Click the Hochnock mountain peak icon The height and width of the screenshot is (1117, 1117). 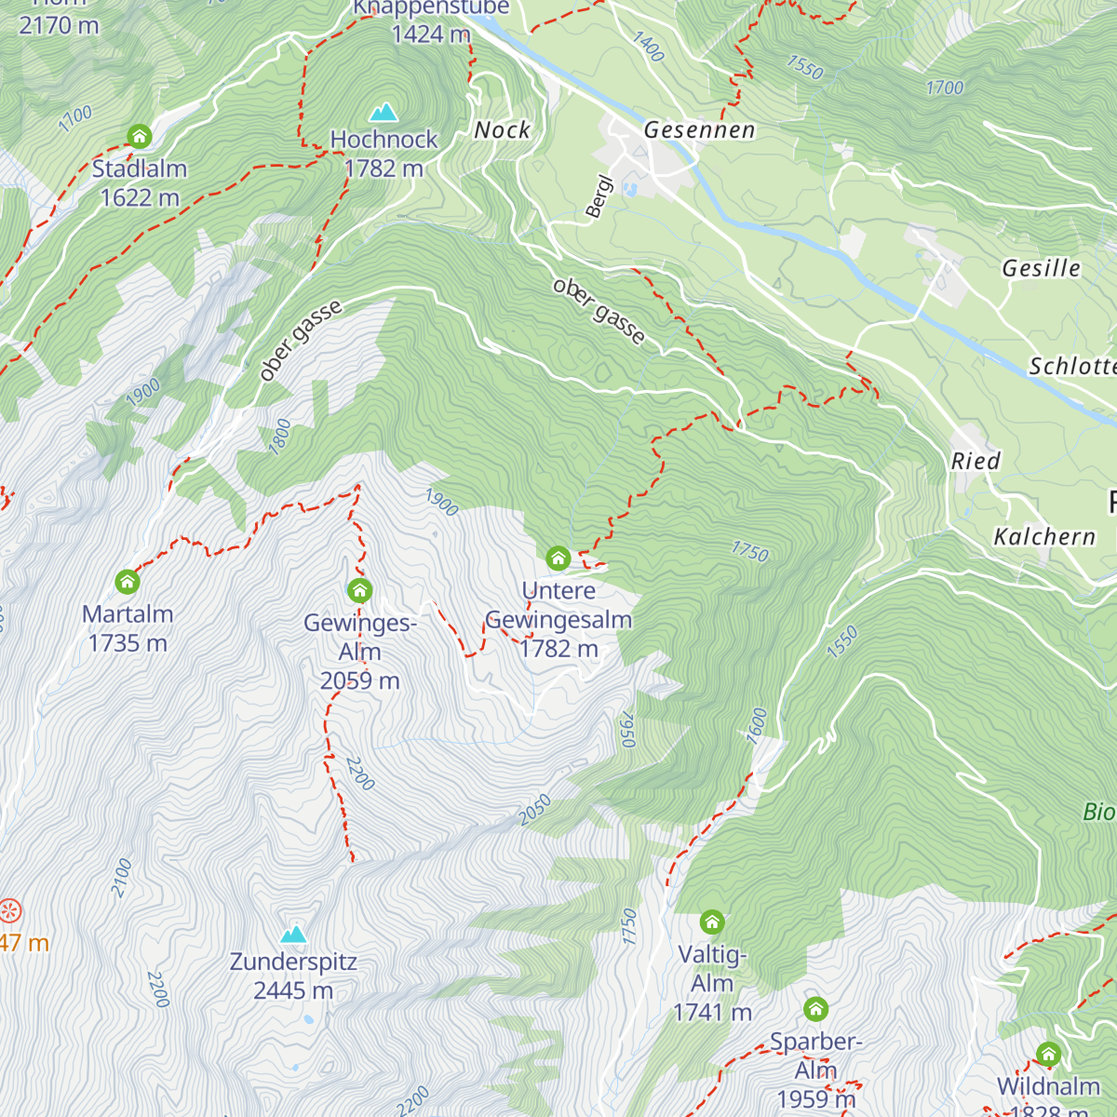(x=384, y=113)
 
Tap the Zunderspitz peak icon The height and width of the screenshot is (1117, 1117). (x=294, y=934)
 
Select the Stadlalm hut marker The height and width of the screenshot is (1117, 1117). (x=140, y=137)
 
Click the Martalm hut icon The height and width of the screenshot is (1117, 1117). (x=128, y=582)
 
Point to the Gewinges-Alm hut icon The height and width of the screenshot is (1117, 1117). (x=360, y=590)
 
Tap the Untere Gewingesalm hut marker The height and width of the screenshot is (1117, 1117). (x=558, y=558)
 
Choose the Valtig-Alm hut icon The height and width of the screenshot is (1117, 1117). (x=712, y=922)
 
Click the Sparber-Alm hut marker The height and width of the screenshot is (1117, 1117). (x=815, y=1009)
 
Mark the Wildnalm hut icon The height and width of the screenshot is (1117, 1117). (x=1048, y=1054)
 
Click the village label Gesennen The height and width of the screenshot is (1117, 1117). (x=699, y=130)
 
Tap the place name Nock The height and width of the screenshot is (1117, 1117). (x=502, y=130)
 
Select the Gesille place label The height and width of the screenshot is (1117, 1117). (x=1041, y=268)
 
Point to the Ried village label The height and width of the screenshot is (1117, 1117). (x=975, y=461)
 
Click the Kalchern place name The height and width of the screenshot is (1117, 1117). (x=1044, y=537)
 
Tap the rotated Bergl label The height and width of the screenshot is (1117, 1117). (x=599, y=196)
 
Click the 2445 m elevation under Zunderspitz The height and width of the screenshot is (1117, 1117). (x=293, y=990)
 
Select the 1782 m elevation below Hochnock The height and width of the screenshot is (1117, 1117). (x=384, y=168)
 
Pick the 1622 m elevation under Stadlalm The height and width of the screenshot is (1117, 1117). (x=140, y=197)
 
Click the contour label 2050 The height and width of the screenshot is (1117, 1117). (x=535, y=810)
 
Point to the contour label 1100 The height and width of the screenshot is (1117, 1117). (x=75, y=118)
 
